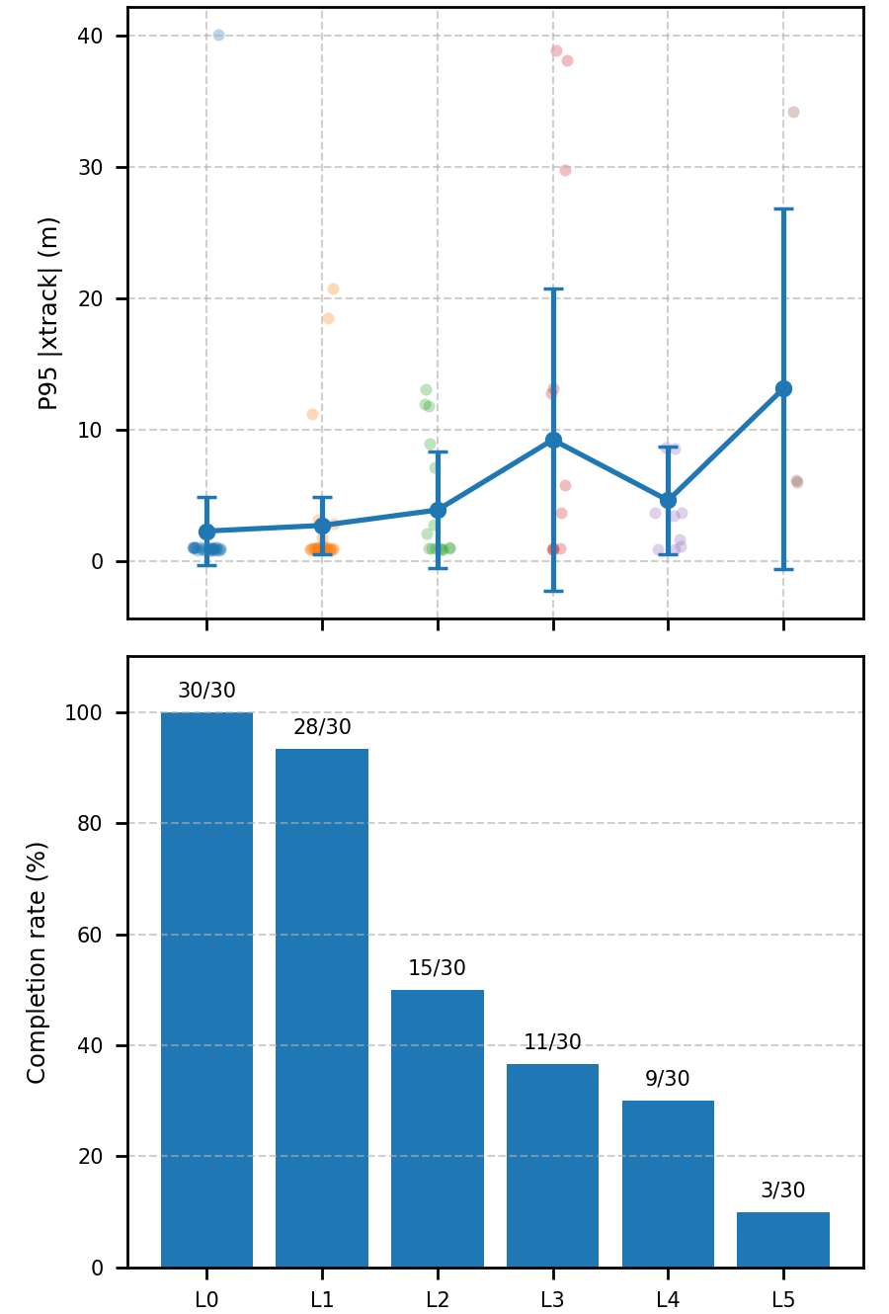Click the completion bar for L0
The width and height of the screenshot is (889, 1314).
pyautogui.click(x=206, y=989)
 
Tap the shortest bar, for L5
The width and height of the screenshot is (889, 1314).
pyautogui.click(x=783, y=1239)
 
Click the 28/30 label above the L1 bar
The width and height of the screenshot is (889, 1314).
pyautogui.click(x=322, y=727)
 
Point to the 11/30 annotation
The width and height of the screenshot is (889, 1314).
pyautogui.click(x=552, y=1042)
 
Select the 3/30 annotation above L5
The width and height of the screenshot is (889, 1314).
pyautogui.click(x=783, y=1191)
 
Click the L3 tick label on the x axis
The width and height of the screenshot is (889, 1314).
pyautogui.click(x=552, y=1300)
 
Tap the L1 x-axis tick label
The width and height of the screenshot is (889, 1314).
pyautogui.click(x=322, y=1300)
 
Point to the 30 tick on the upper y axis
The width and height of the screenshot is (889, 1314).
pyautogui.click(x=90, y=168)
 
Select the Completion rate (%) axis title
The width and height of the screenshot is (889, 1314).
pyautogui.click(x=37, y=962)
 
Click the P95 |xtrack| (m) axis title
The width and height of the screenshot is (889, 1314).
pyautogui.click(x=48, y=312)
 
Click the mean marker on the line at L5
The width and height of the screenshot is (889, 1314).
pyautogui.click(x=783, y=388)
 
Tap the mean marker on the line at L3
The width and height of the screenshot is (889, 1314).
pyautogui.click(x=553, y=440)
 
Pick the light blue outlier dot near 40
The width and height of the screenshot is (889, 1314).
pyautogui.click(x=218, y=36)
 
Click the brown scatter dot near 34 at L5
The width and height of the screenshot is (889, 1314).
pyautogui.click(x=793, y=113)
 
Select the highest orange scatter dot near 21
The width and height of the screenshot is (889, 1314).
pyautogui.click(x=333, y=288)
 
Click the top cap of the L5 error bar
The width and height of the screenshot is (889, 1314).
pyautogui.click(x=783, y=209)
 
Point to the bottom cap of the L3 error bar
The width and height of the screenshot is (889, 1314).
pyautogui.click(x=553, y=591)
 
